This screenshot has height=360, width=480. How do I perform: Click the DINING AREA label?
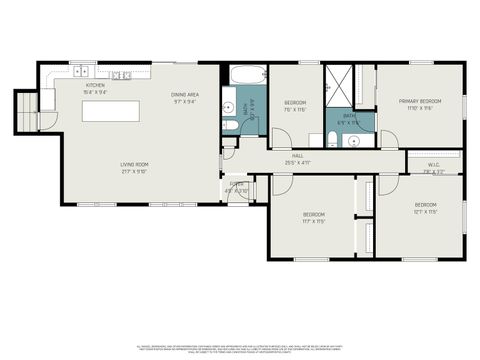(x=185, y=97)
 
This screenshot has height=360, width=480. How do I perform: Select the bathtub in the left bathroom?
(x=244, y=76)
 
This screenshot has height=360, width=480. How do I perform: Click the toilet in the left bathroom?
(x=229, y=124)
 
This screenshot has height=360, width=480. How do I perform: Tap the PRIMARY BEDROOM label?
(x=421, y=104)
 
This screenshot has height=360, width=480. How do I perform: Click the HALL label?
(x=297, y=159)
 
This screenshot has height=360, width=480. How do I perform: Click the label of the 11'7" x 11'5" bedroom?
(x=312, y=218)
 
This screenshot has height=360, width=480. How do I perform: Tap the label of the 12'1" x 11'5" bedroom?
(x=425, y=209)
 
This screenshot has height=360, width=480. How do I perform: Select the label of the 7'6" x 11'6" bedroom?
(x=295, y=106)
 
